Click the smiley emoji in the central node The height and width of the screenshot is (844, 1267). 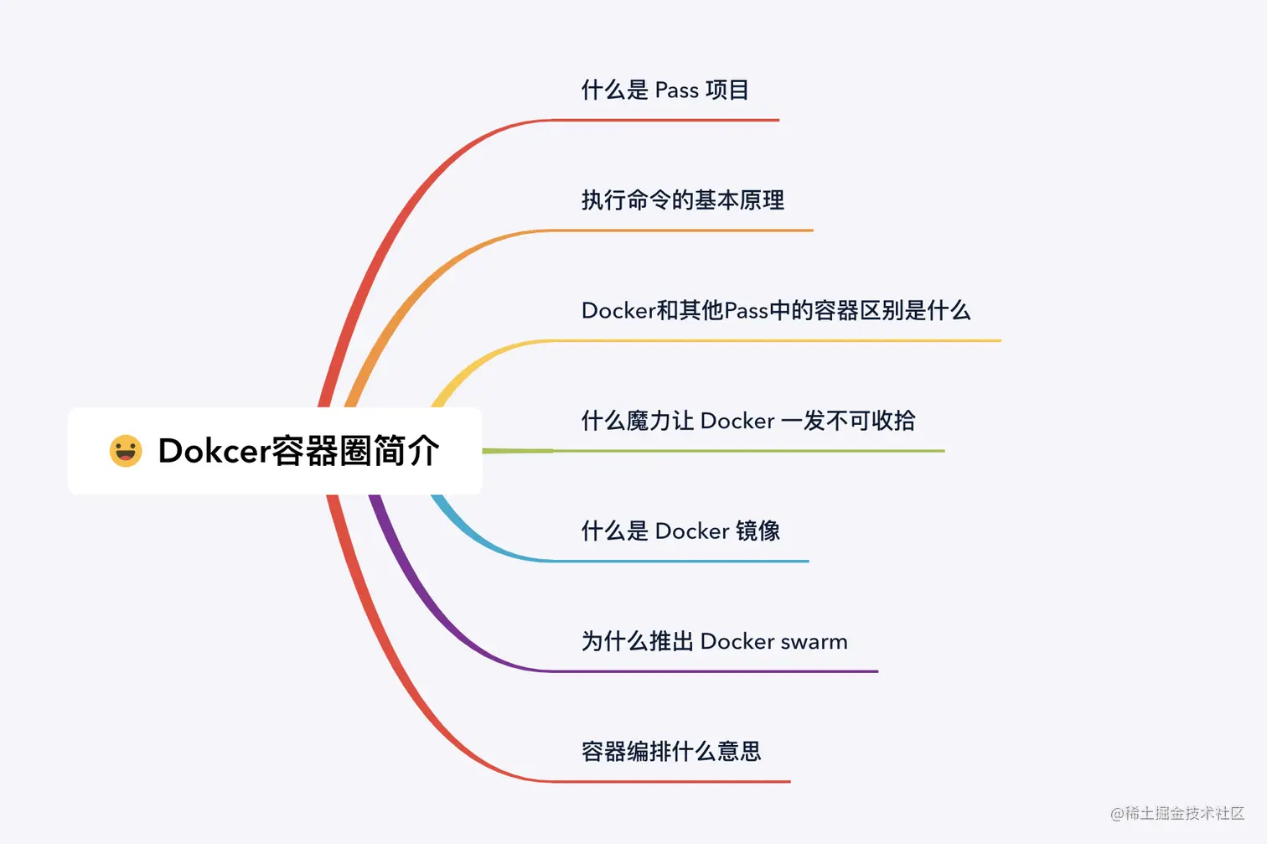[126, 451]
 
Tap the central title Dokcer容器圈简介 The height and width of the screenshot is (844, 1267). [298, 451]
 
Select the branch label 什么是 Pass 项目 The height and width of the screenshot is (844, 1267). [665, 90]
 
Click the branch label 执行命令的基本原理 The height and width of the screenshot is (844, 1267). [683, 200]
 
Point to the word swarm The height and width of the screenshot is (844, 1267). [814, 642]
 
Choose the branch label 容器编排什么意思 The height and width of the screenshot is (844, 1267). [671, 752]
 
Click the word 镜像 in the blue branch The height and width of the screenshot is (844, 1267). [758, 531]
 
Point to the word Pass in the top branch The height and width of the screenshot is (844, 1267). [676, 91]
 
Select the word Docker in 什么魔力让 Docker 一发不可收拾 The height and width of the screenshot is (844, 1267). [737, 421]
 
